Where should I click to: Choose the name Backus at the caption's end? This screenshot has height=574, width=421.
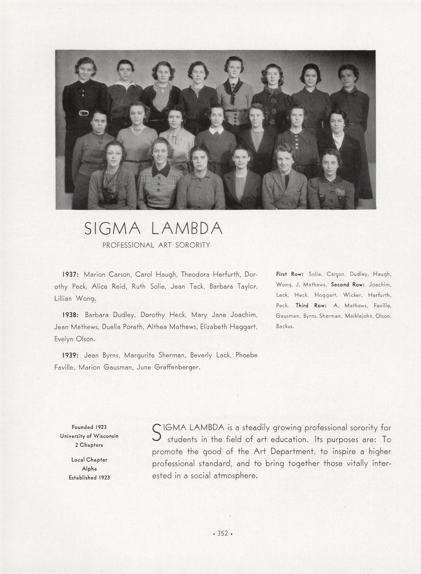285,326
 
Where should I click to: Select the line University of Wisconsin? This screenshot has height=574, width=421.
89,436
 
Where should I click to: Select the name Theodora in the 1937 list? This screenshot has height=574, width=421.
195,275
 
